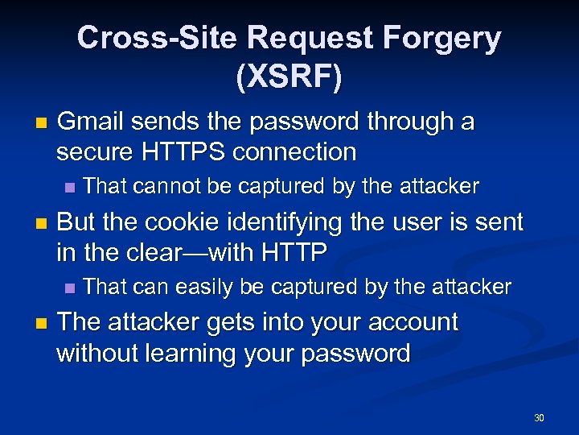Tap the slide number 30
point(539,418)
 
